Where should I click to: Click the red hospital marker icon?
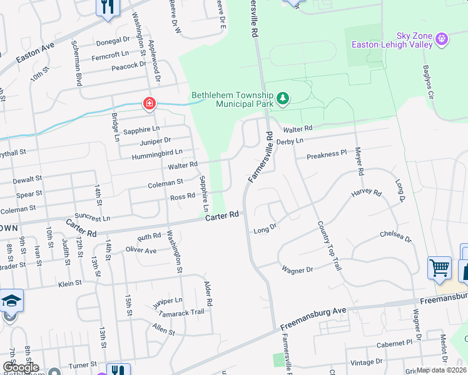click(150, 102)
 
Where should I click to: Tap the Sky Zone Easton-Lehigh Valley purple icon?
click(443, 39)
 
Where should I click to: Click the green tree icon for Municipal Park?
click(283, 97)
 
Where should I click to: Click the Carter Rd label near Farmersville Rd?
click(224, 215)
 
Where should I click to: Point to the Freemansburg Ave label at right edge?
click(448, 298)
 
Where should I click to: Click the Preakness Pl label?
click(327, 154)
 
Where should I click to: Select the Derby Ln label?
click(290, 142)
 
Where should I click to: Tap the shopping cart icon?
click(439, 267)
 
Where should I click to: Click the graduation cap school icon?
click(11, 301)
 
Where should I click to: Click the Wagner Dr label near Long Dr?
click(297, 269)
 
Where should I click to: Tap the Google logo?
click(20, 367)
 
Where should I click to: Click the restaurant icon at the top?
click(108, 7)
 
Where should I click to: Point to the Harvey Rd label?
click(366, 193)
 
